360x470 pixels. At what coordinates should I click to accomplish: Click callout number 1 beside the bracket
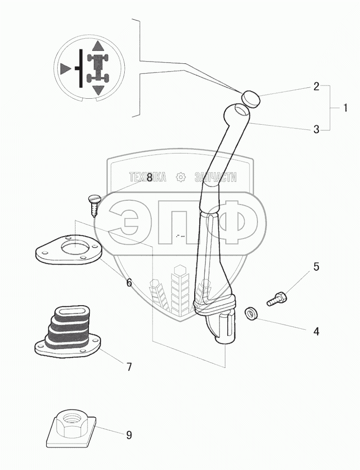345,108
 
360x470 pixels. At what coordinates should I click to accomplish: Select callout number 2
316,86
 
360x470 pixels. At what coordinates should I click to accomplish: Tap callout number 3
316,129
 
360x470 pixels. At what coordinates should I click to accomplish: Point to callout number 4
316,332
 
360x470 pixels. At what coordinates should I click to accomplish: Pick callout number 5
316,266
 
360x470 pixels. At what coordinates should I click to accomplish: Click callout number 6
129,282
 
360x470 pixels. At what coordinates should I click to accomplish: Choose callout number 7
129,367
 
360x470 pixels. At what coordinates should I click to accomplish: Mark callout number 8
149,177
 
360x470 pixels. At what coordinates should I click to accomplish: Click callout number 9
129,435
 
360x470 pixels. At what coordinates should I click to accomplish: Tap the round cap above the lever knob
250,99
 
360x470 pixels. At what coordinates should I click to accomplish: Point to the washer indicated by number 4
250,314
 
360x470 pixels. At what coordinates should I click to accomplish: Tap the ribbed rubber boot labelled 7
69,332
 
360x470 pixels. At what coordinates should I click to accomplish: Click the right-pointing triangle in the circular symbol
65,68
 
